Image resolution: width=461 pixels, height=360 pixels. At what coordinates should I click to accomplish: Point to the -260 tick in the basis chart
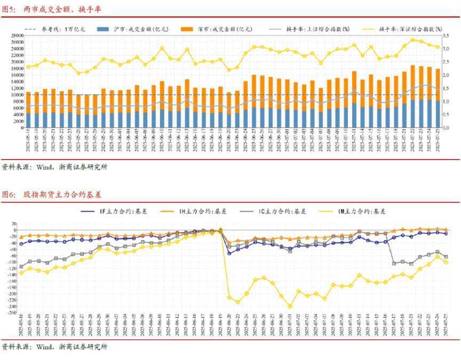[11, 313]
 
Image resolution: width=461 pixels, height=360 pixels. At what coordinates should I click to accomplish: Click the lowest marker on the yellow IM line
[290, 307]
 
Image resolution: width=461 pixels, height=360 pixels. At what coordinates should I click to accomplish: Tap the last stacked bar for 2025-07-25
[438, 98]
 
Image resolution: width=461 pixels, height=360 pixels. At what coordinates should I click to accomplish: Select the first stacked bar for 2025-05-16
[28, 109]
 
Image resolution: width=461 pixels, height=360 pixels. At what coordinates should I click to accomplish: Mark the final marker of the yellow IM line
[446, 262]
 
